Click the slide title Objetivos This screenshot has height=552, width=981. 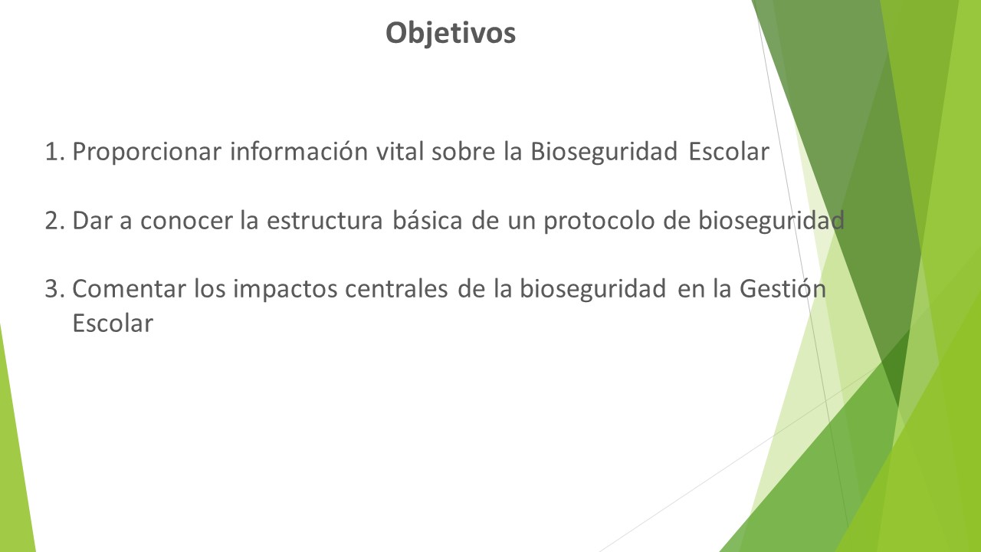(x=451, y=34)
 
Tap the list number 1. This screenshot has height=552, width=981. (x=55, y=152)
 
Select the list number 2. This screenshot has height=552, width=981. (x=55, y=220)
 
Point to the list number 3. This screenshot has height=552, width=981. (x=55, y=289)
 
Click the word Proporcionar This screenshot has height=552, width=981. (x=146, y=153)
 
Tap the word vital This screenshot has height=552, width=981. (x=400, y=152)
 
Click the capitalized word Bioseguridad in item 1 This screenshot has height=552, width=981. (x=604, y=153)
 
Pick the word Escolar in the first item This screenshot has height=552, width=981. (x=729, y=152)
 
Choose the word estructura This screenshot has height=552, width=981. (x=325, y=220)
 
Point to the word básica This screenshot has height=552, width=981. (x=428, y=219)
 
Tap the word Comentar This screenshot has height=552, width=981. (x=130, y=289)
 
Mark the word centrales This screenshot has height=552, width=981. (x=396, y=289)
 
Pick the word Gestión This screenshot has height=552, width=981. (x=783, y=289)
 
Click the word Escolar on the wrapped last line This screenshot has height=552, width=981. (x=113, y=324)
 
